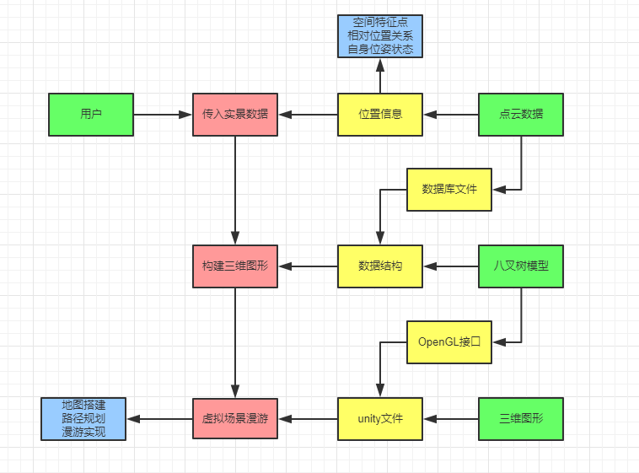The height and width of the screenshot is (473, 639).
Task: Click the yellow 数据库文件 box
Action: point(449,189)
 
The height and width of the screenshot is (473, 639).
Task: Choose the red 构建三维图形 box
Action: point(235,266)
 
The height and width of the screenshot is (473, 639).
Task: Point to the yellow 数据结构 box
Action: point(380,266)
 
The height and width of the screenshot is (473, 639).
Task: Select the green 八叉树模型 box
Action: point(521,266)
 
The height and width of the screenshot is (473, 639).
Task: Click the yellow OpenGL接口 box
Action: point(449,342)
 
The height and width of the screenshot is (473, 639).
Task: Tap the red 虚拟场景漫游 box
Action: point(235,418)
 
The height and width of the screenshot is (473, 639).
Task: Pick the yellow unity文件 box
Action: point(380,418)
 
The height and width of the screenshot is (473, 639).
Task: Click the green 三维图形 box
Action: point(521,418)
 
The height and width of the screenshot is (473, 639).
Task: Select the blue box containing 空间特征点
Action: point(380,35)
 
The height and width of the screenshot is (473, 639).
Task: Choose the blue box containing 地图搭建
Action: point(83,418)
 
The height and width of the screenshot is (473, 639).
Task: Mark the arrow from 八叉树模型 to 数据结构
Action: point(451,266)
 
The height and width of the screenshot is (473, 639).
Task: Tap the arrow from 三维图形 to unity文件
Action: point(451,418)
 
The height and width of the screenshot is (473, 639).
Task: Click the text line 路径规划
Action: point(83,418)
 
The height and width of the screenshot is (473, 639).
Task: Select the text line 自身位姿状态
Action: point(380,49)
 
